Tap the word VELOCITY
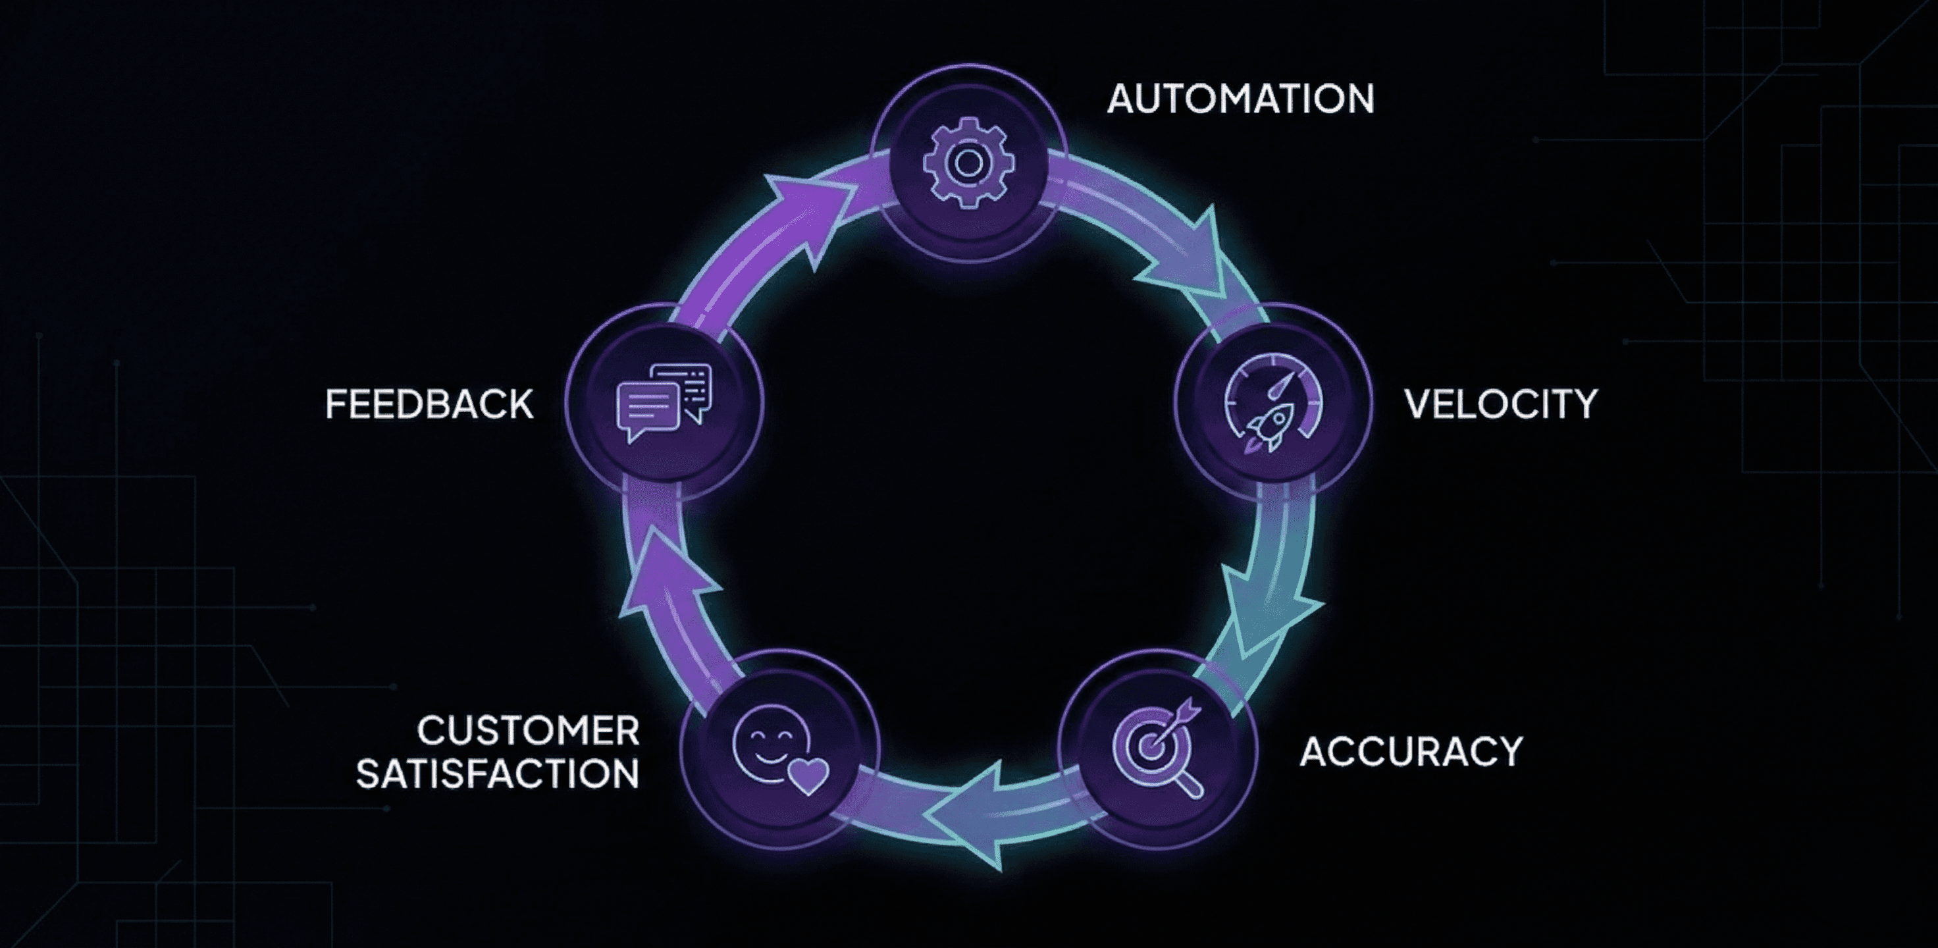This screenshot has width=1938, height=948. (x=1500, y=404)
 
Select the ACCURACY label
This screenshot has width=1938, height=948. (x=1411, y=752)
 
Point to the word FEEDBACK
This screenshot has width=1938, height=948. (x=429, y=404)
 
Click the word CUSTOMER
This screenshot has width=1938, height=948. (x=528, y=731)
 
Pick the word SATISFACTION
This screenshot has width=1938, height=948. (x=497, y=774)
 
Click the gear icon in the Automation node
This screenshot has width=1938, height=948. (x=968, y=163)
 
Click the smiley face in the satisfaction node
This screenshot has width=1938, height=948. (x=769, y=744)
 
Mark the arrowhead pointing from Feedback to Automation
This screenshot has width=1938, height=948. (x=809, y=211)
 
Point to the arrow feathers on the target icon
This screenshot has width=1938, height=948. (x=1190, y=707)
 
